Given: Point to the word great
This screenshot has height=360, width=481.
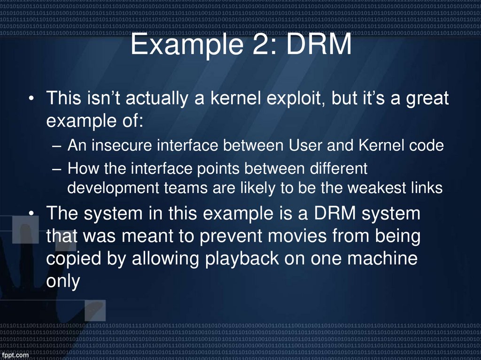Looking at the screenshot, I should [x=424, y=99].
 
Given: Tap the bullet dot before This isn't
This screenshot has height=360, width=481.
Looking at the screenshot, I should [x=31, y=100].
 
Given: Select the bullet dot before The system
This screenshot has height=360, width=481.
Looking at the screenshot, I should [x=31, y=214].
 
